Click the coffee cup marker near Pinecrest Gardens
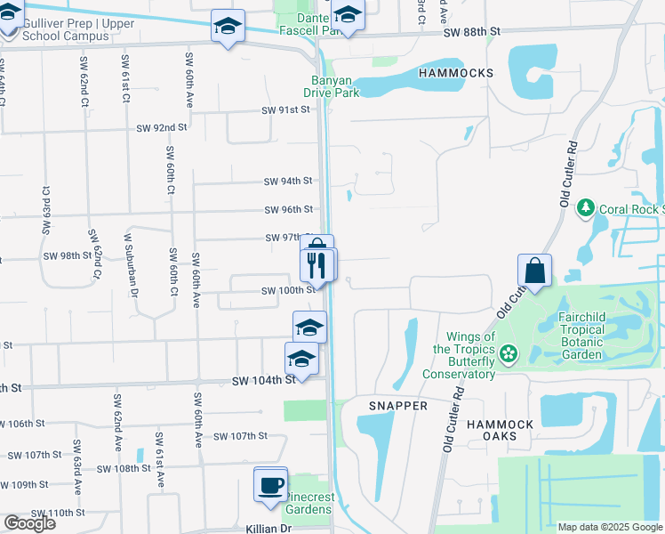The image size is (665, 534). click(271, 485)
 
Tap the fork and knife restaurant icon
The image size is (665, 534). click(316, 265)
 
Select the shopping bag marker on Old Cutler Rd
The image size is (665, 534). click(535, 271)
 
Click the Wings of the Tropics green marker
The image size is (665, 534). click(508, 354)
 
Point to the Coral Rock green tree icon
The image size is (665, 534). click(585, 208)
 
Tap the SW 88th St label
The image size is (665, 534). click(473, 31)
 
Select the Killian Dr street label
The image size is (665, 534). click(268, 528)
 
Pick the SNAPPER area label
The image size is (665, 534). click(398, 406)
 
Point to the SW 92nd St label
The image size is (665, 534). click(162, 128)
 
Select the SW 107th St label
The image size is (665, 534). click(241, 436)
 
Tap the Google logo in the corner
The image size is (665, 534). click(28, 523)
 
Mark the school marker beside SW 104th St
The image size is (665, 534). click(301, 360)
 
